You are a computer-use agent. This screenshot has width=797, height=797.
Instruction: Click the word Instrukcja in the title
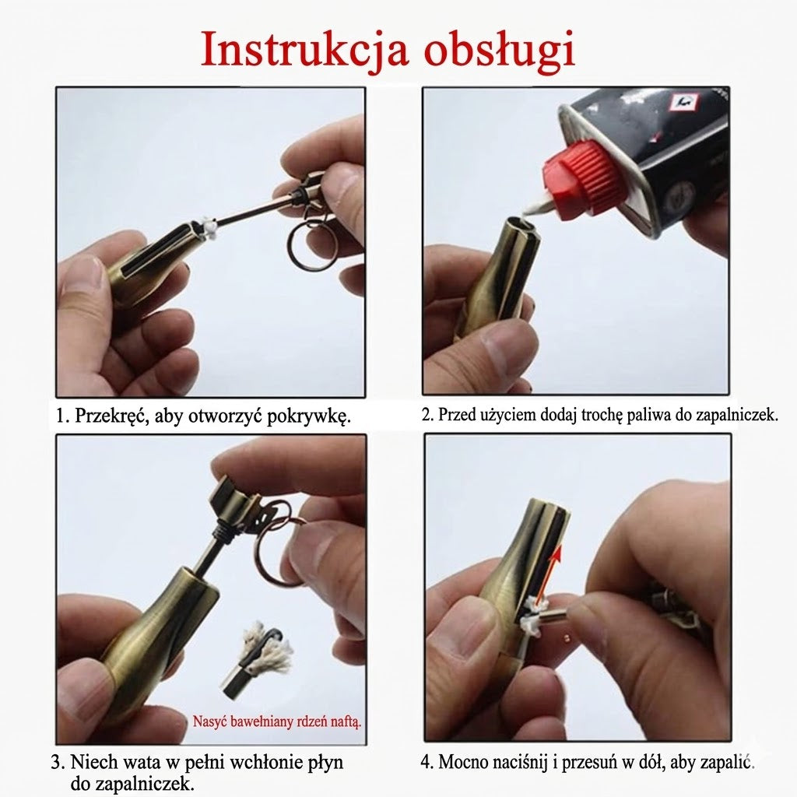coord(304,50)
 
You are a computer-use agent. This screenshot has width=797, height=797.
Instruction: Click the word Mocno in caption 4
coord(463,762)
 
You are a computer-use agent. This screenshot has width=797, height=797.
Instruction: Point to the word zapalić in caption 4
coord(729,762)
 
